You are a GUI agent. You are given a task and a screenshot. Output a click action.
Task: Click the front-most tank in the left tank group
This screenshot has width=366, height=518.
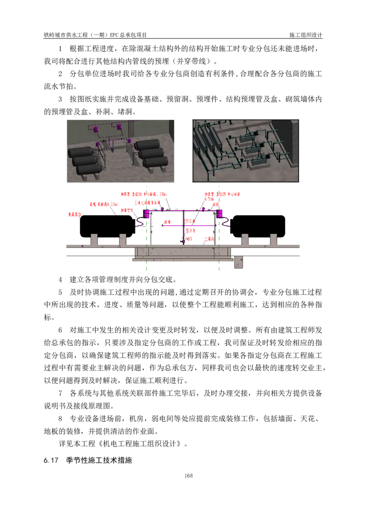[88, 169]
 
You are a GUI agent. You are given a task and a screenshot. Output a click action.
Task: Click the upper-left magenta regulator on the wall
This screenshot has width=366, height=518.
[96, 129]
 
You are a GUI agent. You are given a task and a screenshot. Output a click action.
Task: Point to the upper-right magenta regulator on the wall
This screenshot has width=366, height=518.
[119, 127]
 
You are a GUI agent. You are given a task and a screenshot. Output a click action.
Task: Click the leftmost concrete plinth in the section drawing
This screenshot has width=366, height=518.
[94, 239]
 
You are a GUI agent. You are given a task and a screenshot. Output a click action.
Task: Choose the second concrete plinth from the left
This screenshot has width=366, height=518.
[122, 239]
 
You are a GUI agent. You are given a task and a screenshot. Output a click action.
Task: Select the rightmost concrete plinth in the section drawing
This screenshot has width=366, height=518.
[273, 239]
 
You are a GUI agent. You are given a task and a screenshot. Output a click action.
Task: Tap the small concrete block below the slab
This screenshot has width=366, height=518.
[239, 262]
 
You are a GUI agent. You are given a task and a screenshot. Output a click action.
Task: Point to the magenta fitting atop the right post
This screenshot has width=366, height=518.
[219, 214]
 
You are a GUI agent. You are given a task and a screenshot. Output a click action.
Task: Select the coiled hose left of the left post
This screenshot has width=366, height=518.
[140, 222]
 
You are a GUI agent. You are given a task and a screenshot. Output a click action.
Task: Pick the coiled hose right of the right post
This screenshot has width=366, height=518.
[226, 221]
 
